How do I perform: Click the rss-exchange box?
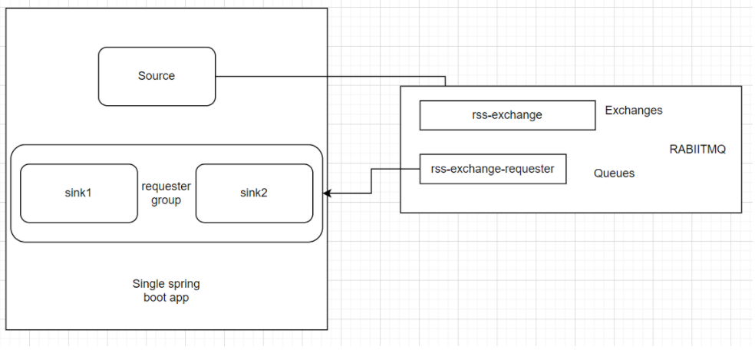pyautogui.click(x=507, y=115)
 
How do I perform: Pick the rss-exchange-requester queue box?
pyautogui.click(x=493, y=169)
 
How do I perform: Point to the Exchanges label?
pyautogui.click(x=633, y=111)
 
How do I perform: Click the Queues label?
pyautogui.click(x=614, y=173)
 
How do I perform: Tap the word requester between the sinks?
pyautogui.click(x=166, y=187)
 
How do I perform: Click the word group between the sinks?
pyautogui.click(x=166, y=200)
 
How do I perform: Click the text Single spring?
pyautogui.click(x=166, y=284)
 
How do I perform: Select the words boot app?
pyautogui.click(x=166, y=298)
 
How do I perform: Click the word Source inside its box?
pyautogui.click(x=157, y=76)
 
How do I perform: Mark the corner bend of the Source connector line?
pyautogui.click(x=445, y=77)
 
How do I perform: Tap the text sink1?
pyautogui.click(x=77, y=193)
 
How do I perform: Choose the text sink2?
pyautogui.click(x=254, y=193)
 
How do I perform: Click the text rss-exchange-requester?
pyautogui.click(x=493, y=169)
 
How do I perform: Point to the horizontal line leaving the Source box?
pyautogui.click(x=330, y=77)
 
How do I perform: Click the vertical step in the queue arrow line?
pyautogui.click(x=372, y=181)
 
